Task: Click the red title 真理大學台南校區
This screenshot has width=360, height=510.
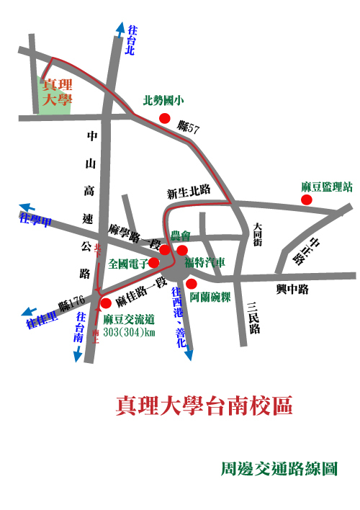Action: tap(204, 406)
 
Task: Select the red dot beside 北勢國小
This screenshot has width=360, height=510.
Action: tap(165, 118)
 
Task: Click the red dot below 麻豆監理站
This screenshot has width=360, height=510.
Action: tap(307, 200)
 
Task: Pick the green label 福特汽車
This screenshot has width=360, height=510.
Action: tap(204, 261)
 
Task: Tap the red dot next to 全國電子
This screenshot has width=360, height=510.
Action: tap(153, 262)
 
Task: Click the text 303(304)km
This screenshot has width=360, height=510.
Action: tap(129, 332)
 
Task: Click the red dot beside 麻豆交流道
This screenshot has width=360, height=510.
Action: tap(106, 303)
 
